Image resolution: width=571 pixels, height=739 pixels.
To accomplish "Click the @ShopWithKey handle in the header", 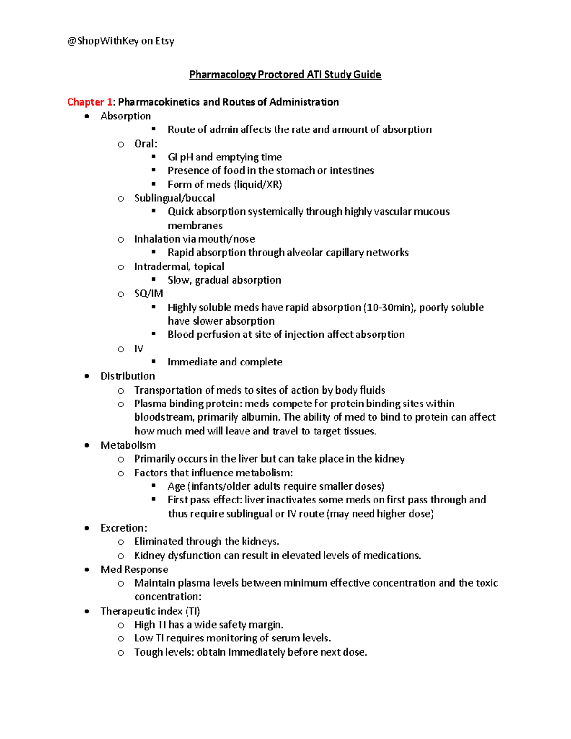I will coord(103,41).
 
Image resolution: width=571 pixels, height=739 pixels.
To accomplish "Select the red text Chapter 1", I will coord(89,102).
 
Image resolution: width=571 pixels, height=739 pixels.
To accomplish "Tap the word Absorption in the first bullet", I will coord(126,116).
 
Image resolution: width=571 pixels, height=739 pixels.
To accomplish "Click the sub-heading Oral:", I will coord(146,144).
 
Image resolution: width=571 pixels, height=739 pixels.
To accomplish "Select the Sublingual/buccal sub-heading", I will coord(174,198).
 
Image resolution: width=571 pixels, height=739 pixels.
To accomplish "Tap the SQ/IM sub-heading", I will coord(148,294).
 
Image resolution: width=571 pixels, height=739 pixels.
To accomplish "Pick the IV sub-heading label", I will coord(138,349).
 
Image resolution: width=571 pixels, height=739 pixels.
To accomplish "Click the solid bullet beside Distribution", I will coord(87,376).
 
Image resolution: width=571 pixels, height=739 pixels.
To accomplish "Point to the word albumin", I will coord(261,417).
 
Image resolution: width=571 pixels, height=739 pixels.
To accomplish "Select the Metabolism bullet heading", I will coord(128,445).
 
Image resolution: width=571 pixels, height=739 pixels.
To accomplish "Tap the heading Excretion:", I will coord(124,528).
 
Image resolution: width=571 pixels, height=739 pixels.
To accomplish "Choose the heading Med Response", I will coord(134,570).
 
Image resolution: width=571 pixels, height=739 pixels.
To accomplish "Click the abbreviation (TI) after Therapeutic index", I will coord(193,611).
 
